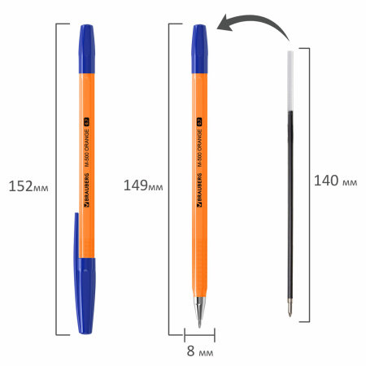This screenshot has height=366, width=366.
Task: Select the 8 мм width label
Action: pyautogui.click(x=199, y=352)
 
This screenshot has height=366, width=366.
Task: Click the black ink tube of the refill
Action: pyautogui.click(x=294, y=203)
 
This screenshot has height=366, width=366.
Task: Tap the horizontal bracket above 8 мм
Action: pyautogui.click(x=199, y=333)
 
